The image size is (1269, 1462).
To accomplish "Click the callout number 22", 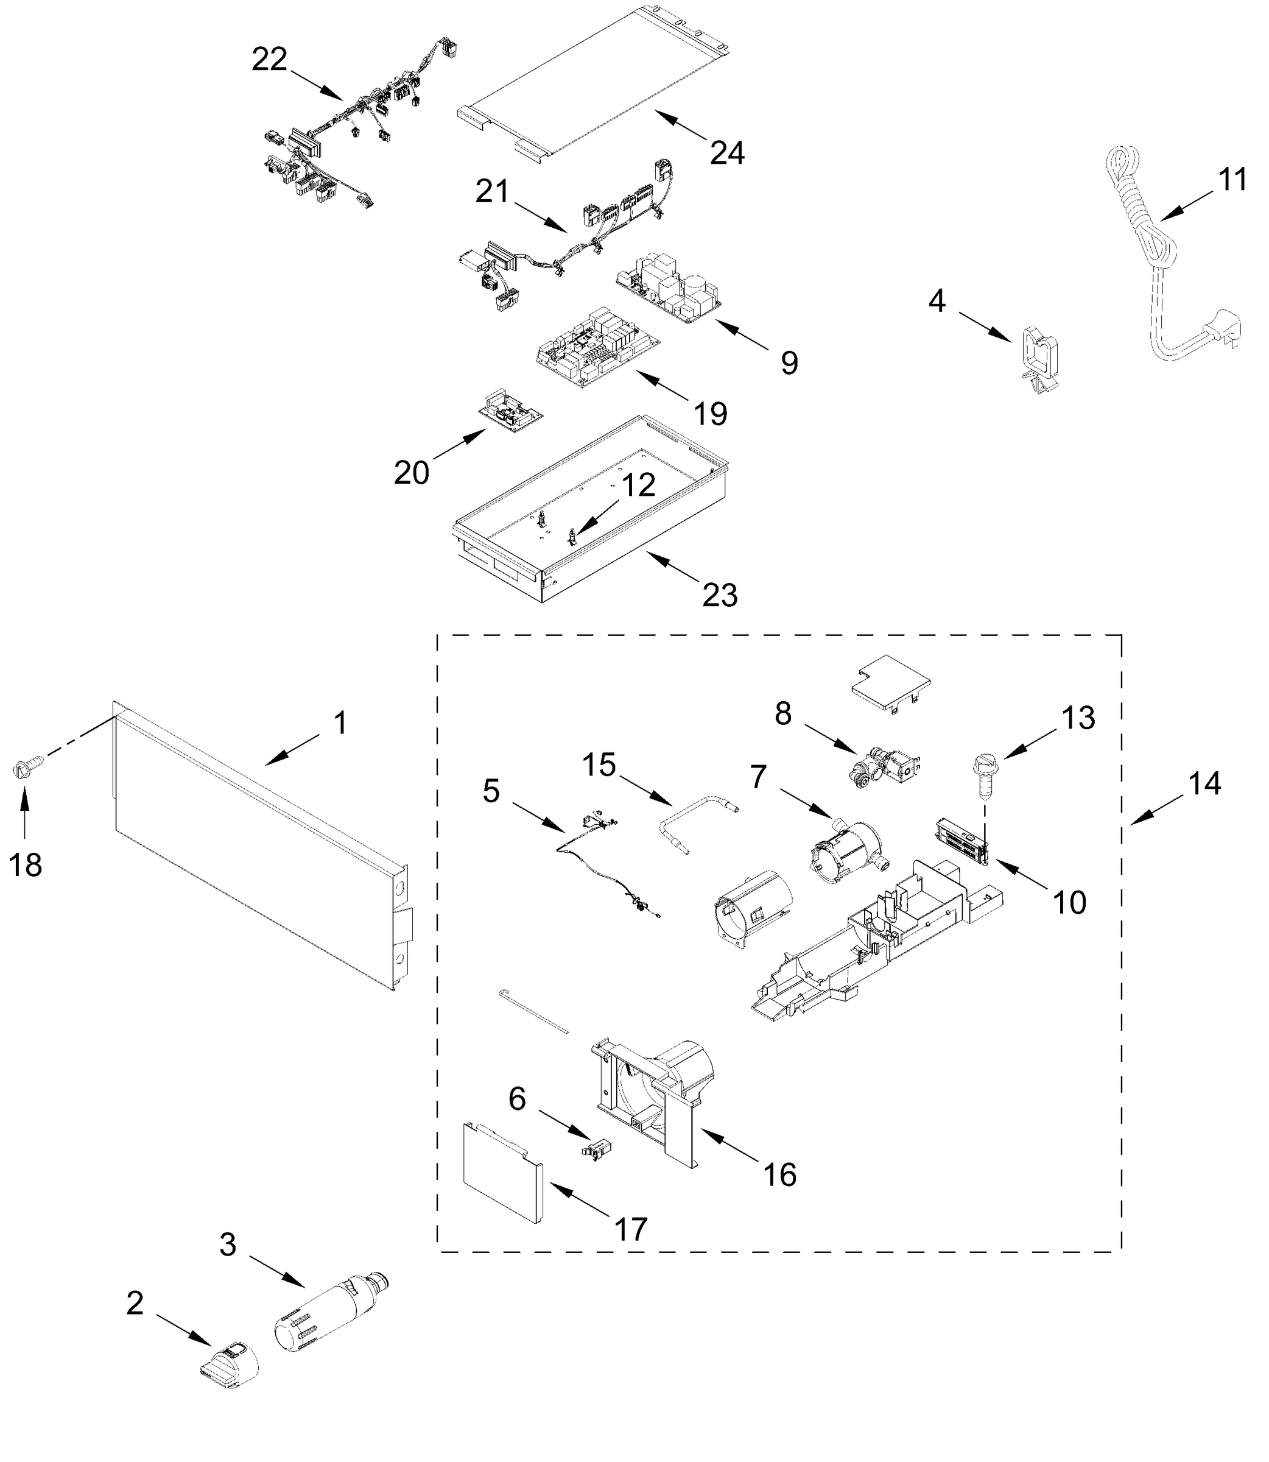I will [x=269, y=60].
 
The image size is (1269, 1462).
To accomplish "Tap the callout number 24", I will [x=727, y=153].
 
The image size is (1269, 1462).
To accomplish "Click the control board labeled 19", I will [x=597, y=348].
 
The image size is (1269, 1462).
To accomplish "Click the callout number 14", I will [x=1204, y=783].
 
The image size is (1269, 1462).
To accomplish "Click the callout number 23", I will [x=720, y=595].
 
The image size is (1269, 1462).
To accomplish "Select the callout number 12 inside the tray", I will [x=638, y=486].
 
